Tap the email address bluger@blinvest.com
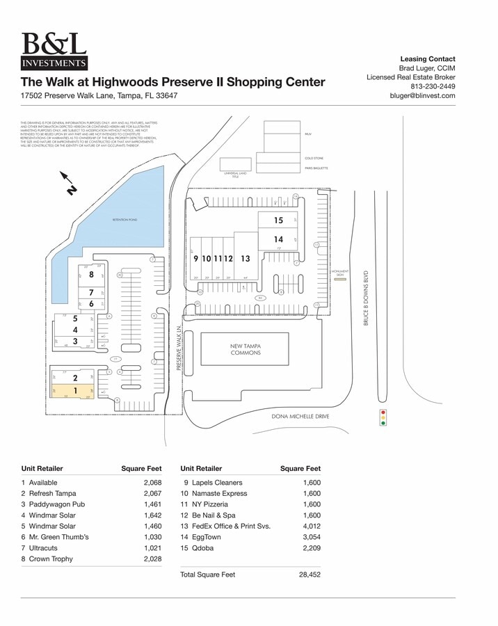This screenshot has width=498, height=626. [422, 96]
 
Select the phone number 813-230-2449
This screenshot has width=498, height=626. [433, 86]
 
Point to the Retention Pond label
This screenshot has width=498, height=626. [124, 220]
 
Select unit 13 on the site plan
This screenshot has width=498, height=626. [245, 259]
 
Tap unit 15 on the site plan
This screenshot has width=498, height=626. [278, 220]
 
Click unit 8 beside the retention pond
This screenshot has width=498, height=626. [91, 275]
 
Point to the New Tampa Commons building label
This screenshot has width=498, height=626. [246, 349]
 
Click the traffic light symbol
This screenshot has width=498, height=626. [382, 417]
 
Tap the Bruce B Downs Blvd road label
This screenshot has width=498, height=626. [366, 298]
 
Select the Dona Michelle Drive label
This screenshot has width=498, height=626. [300, 417]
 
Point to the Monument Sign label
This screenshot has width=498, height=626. [340, 273]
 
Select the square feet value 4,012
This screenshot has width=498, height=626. [311, 527]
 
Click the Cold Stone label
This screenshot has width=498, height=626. [314, 159]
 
